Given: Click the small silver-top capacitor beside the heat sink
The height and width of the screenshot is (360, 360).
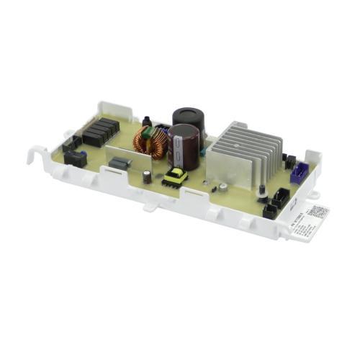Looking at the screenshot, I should coord(224,186).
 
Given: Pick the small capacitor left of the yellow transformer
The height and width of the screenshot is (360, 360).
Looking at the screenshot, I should coord(147,177).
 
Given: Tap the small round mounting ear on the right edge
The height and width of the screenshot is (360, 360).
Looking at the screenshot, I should coord(315,195).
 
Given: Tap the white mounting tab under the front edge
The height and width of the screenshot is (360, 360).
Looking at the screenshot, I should coord(149,207).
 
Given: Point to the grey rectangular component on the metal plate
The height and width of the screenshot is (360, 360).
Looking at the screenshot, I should coord(120,163).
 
